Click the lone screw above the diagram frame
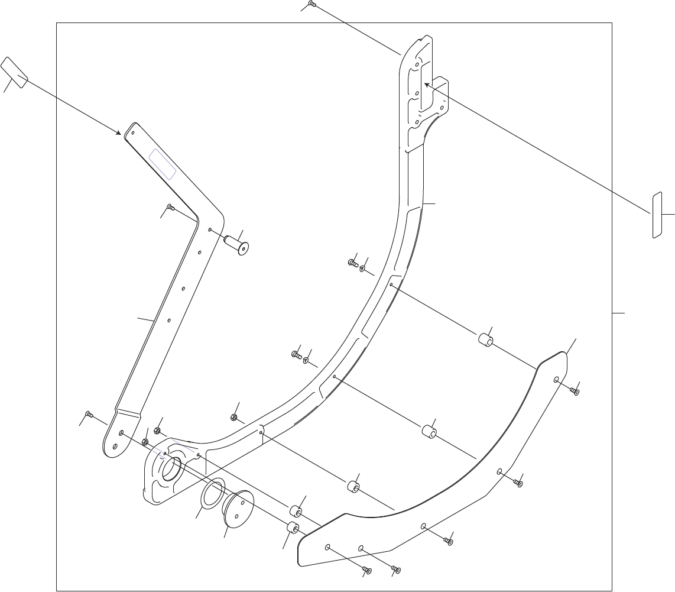312,5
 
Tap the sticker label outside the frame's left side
14,73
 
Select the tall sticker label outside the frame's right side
656,215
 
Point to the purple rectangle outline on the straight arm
162,164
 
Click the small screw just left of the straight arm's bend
170,207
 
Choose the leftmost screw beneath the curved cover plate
366,570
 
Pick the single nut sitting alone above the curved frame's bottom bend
233,418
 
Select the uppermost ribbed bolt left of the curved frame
352,262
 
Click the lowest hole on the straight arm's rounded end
121,433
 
